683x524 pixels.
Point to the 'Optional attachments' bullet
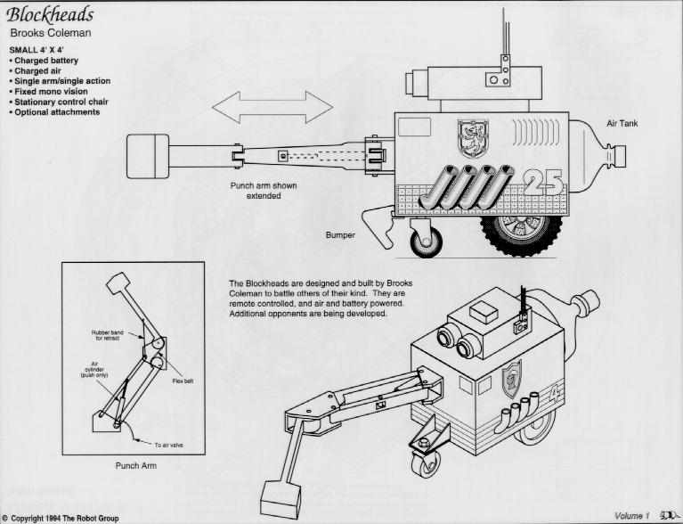(56, 112)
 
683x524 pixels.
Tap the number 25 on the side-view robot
(542, 183)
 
